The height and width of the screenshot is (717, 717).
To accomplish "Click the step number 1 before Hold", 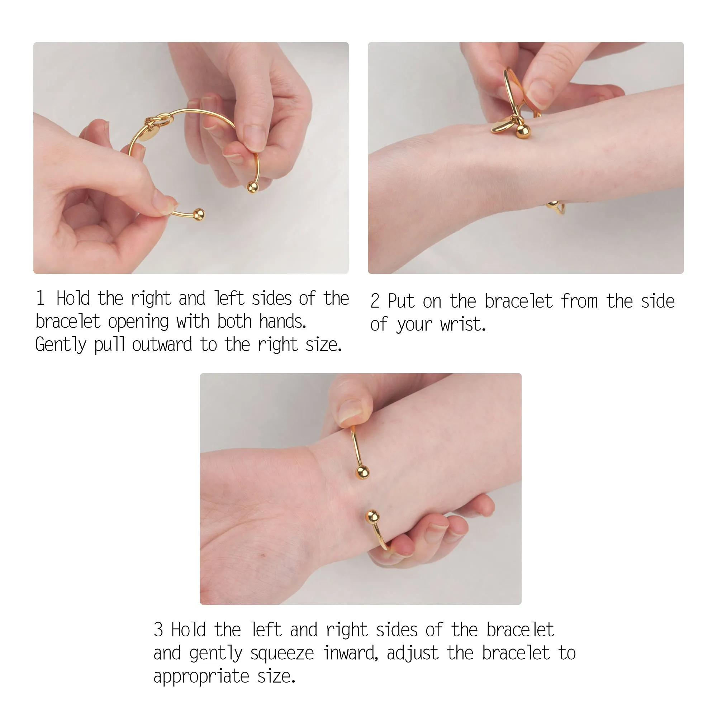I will (41, 298).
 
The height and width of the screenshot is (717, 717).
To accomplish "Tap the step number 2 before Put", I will (375, 301).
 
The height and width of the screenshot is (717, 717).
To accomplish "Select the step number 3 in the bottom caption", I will (158, 630).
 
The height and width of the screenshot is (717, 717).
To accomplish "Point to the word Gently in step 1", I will (61, 345).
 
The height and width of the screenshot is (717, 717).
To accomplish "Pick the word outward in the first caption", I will (162, 345).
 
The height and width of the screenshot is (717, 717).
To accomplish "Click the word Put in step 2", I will (401, 301).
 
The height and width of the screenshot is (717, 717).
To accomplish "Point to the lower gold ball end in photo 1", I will (199, 214).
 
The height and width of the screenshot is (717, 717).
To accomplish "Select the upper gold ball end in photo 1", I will (253, 187).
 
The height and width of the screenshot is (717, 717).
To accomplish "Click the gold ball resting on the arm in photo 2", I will (523, 131).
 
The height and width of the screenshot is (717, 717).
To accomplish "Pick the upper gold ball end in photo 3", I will (362, 473).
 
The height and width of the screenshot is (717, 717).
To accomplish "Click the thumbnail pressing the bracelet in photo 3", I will (350, 412).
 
